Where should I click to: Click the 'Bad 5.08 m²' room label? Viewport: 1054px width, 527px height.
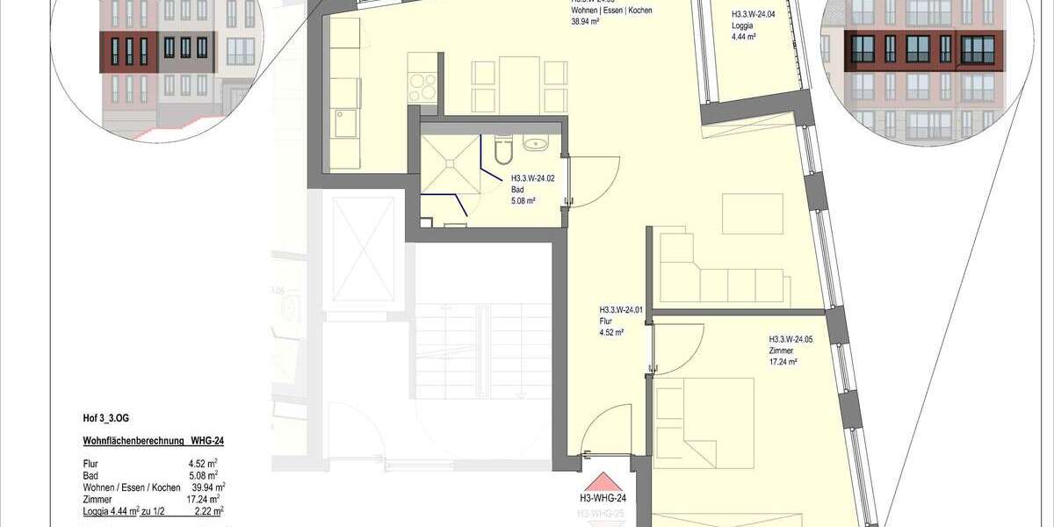pyautogui.click(x=523, y=192)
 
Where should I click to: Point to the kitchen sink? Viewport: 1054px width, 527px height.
pyautogui.click(x=343, y=123)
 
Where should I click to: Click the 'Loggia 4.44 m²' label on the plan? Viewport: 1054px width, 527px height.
pyautogui.click(x=742, y=26)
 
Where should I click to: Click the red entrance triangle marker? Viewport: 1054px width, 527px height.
pyautogui.click(x=602, y=482)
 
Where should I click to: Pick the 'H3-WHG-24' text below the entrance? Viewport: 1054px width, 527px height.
pyautogui.click(x=602, y=499)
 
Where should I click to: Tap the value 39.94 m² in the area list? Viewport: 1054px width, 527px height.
pyautogui.click(x=208, y=487)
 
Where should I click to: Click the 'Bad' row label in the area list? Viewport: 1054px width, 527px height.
pyautogui.click(x=90, y=475)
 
